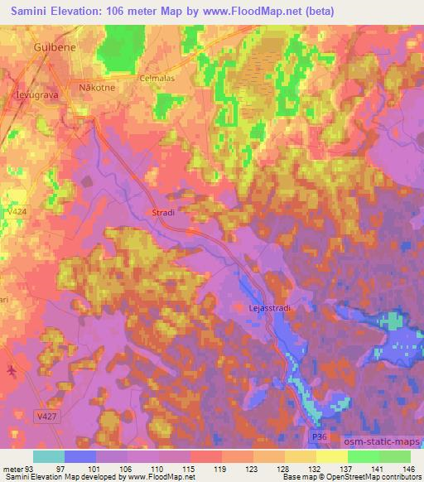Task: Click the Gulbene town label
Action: coord(55,49)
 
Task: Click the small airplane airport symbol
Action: coord(10,371)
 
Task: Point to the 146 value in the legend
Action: coord(408,468)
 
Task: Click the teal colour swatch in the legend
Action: coord(49,456)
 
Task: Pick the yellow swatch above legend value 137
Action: coord(332,456)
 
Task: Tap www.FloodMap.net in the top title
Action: coord(258,11)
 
